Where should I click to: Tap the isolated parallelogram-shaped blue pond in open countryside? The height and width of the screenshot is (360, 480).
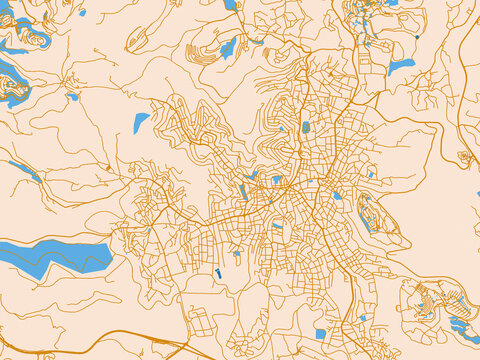coord(141,123)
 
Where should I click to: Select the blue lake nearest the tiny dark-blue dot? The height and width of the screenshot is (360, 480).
coord(400,67)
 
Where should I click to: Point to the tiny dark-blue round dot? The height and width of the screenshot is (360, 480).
coord(417,37)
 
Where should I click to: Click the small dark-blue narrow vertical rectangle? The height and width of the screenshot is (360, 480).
coord(217,273)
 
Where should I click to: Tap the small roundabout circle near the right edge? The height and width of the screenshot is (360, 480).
coord(463,156)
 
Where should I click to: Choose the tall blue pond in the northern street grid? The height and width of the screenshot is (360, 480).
coord(306,127)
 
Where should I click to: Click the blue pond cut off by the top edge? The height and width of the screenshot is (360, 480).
coord(231,4)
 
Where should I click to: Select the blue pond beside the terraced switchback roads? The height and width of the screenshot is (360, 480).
coord(228,47)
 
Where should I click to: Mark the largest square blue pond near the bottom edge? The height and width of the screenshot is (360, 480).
coord(320,334)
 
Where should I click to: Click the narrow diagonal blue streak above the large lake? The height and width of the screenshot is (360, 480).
coord(25,171)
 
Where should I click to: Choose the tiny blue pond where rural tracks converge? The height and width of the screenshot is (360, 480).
coord(73,97)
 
